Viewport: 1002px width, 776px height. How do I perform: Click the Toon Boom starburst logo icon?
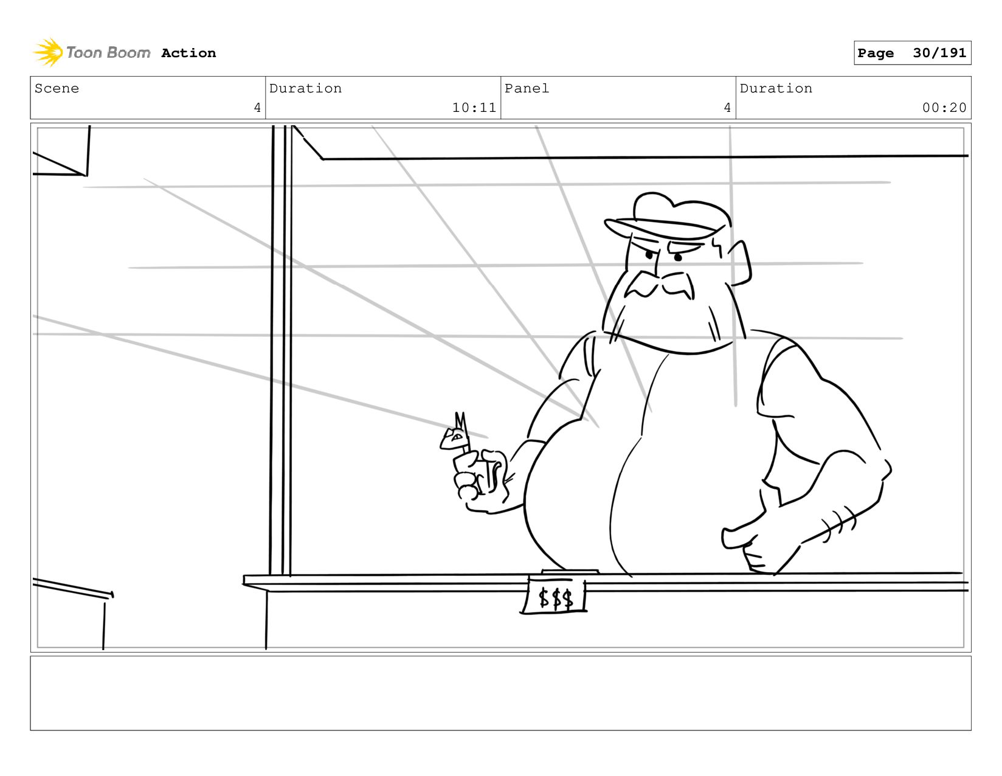pos(48,52)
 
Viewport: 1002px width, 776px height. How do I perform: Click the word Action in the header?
pos(188,53)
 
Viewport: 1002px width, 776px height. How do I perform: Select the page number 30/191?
pos(939,53)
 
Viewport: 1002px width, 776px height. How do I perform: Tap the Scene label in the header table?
pos(57,88)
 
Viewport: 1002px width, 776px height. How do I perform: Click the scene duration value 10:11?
pos(474,108)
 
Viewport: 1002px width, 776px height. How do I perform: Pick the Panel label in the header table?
pos(527,88)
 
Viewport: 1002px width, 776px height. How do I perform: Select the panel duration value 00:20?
pos(944,108)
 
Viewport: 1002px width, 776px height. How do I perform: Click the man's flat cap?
pos(669,216)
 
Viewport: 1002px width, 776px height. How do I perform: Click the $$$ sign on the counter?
pos(555,598)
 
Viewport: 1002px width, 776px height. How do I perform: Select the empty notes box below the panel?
pos(500,693)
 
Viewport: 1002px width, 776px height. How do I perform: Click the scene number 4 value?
pos(257,108)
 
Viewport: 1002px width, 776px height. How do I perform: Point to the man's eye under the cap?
pos(677,257)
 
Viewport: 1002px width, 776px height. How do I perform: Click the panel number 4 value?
pos(727,108)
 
